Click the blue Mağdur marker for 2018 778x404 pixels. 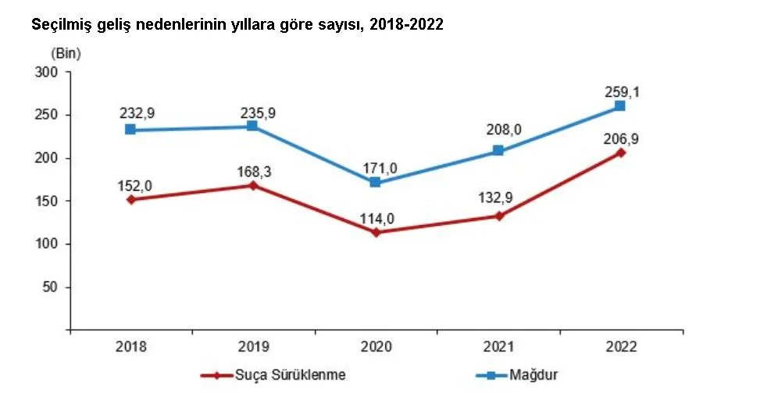130,130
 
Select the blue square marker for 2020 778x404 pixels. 375,182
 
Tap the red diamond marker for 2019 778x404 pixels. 253,185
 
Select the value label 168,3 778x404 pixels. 254,170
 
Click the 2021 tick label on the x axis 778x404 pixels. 498,347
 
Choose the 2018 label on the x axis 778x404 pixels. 130,347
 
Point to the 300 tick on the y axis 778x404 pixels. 48,73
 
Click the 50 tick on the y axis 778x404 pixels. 52,288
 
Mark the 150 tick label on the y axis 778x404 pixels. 48,202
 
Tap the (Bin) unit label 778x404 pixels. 66,54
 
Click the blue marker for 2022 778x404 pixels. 619,105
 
